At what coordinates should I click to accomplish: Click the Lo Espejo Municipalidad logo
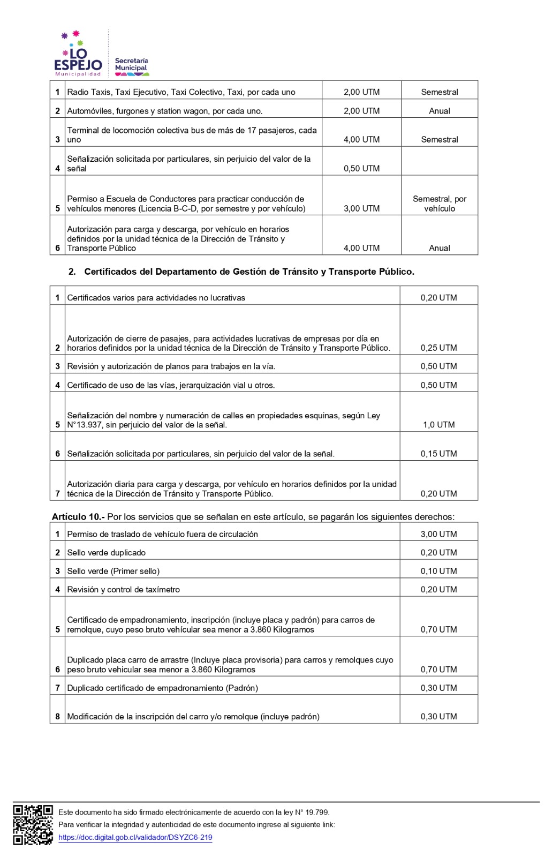tap(78, 54)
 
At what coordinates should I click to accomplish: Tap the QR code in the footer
tap(33, 825)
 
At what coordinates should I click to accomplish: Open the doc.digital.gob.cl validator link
tap(135, 837)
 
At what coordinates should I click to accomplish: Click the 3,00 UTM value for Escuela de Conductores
tap(361, 208)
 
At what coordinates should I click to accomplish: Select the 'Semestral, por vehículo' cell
tap(439, 204)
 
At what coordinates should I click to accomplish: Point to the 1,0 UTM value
tap(438, 425)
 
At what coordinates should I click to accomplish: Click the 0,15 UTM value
tap(438, 454)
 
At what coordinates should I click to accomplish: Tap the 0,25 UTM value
tap(438, 348)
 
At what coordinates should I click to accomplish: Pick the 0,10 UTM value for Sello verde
tap(438, 571)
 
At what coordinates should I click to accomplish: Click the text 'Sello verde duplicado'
tap(106, 553)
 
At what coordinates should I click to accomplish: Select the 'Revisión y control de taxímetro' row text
tap(123, 590)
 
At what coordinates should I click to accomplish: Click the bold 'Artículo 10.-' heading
tap(78, 517)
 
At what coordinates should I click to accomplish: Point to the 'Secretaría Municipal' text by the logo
tap(131, 65)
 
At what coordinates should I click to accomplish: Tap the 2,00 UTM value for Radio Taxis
tap(361, 92)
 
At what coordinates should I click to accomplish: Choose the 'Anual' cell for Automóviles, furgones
tap(439, 111)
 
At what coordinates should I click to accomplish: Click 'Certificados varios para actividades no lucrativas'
tap(156, 298)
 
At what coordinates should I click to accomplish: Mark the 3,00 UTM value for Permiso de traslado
tap(438, 534)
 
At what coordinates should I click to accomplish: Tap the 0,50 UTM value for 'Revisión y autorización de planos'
tap(438, 366)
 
